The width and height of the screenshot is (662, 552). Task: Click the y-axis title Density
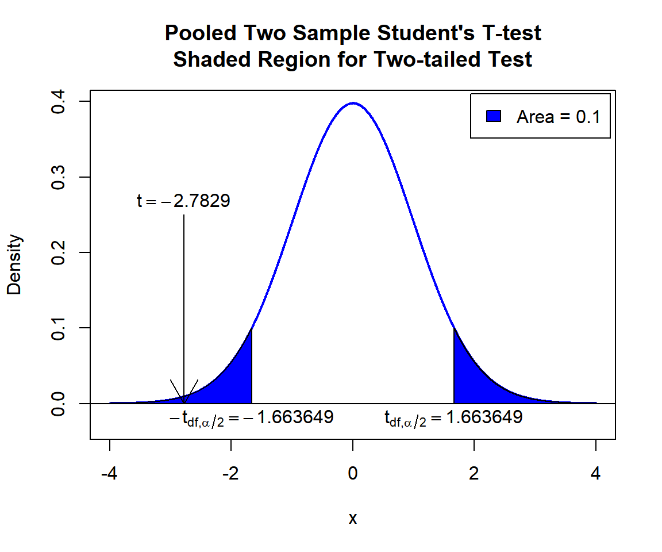tap(14, 264)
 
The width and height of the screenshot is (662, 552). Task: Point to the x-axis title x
tap(353, 519)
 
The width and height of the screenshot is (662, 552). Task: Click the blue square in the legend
tap(494, 116)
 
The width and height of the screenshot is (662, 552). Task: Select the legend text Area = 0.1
tap(558, 117)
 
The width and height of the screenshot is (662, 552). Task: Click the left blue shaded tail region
tap(236, 382)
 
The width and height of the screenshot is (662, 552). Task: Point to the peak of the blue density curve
tap(353, 103)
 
